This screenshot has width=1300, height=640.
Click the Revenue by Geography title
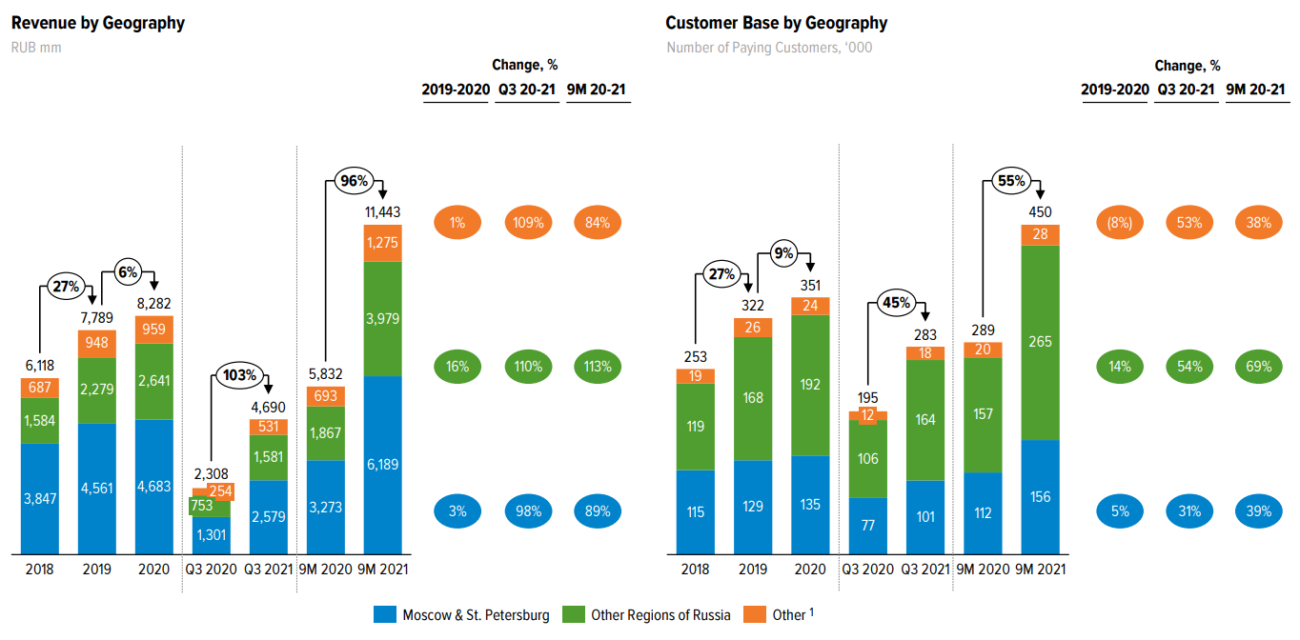pyautogui.click(x=97, y=23)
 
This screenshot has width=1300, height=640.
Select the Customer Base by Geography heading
pyautogui.click(x=776, y=23)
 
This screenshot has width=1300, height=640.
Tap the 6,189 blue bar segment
pyautogui.click(x=383, y=465)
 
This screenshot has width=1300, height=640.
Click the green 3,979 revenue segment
pyautogui.click(x=383, y=319)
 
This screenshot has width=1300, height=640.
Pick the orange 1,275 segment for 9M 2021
pyautogui.click(x=383, y=243)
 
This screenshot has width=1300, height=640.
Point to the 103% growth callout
pyautogui.click(x=239, y=374)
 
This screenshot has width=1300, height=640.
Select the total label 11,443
pyautogui.click(x=383, y=210)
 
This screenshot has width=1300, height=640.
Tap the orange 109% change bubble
pyautogui.click(x=529, y=223)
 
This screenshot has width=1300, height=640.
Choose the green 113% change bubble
pyautogui.click(x=599, y=367)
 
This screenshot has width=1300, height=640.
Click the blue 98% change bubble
pyautogui.click(x=529, y=511)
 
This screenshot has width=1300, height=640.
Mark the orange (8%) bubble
pyautogui.click(x=1120, y=223)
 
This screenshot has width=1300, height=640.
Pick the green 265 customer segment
pyautogui.click(x=1040, y=342)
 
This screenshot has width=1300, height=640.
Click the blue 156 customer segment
pyautogui.click(x=1040, y=496)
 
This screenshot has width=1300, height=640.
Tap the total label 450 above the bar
pyautogui.click(x=1040, y=211)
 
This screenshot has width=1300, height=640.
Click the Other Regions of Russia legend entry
pyautogui.click(x=647, y=615)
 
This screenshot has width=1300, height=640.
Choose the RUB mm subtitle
pyautogui.click(x=36, y=47)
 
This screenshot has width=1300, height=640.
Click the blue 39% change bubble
pyautogui.click(x=1258, y=511)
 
